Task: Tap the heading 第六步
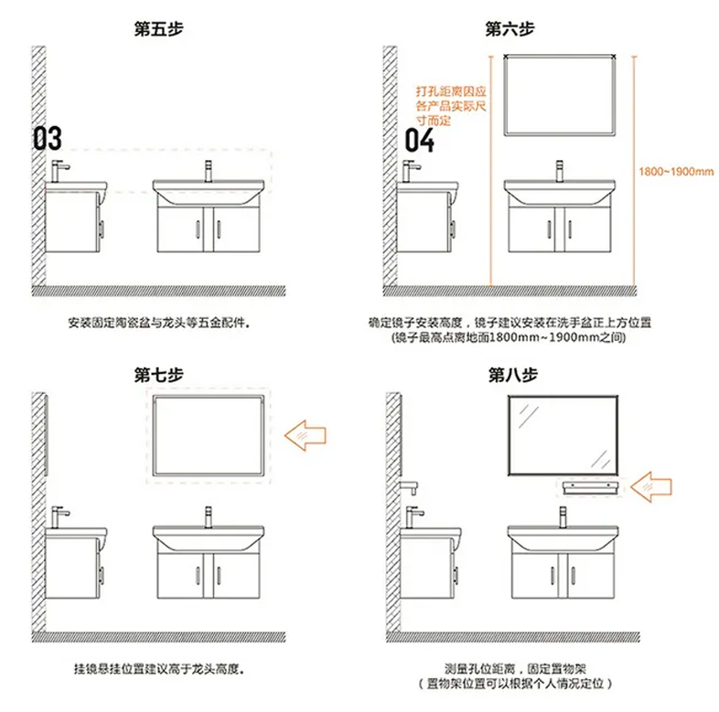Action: (510, 28)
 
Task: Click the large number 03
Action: (48, 139)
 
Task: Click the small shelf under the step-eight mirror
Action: (589, 487)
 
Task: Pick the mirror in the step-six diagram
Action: (561, 94)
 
